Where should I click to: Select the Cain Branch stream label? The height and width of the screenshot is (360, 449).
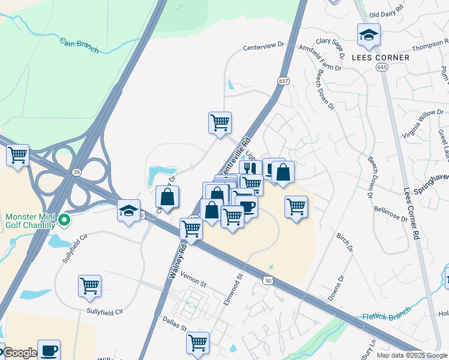pyautogui.click(x=79, y=46)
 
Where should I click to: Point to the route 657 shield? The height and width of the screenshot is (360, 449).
pyautogui.click(x=283, y=80)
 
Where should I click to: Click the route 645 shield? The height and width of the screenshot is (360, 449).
pyautogui.click(x=383, y=68)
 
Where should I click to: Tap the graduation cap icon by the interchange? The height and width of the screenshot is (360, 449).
pyautogui.click(x=129, y=211)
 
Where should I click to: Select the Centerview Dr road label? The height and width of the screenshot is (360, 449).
pyautogui.click(x=263, y=47)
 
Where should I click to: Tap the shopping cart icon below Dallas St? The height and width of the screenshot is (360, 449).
pyautogui.click(x=197, y=343)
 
